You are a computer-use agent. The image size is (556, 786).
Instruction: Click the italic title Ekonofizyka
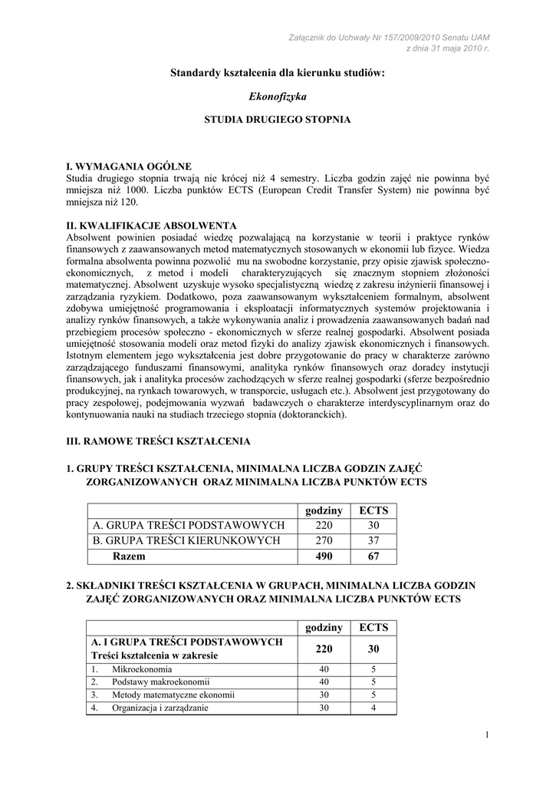(x=278, y=97)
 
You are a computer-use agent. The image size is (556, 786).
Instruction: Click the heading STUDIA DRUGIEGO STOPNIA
(x=278, y=121)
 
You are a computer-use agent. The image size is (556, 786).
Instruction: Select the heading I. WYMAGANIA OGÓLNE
(x=129, y=166)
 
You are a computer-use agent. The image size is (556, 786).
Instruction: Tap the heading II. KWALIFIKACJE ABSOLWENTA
(x=152, y=225)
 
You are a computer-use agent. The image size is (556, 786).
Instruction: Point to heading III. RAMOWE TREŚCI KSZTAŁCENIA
(x=159, y=441)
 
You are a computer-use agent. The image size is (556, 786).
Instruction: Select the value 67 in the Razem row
(x=373, y=556)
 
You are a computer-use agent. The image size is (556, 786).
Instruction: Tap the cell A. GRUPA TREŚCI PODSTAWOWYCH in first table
(x=189, y=525)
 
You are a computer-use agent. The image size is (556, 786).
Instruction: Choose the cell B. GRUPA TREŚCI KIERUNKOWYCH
(x=186, y=540)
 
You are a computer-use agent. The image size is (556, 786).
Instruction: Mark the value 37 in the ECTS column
(x=373, y=540)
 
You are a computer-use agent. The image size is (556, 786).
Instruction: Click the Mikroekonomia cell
(x=142, y=669)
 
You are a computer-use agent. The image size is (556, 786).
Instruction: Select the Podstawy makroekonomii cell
(x=161, y=682)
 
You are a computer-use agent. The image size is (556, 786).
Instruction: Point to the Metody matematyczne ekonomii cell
(x=173, y=695)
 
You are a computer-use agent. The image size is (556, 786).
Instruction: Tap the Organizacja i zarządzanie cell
(x=160, y=708)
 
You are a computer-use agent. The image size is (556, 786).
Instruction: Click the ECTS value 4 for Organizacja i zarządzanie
(x=373, y=708)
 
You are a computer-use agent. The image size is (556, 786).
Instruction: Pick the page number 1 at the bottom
(x=487, y=738)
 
